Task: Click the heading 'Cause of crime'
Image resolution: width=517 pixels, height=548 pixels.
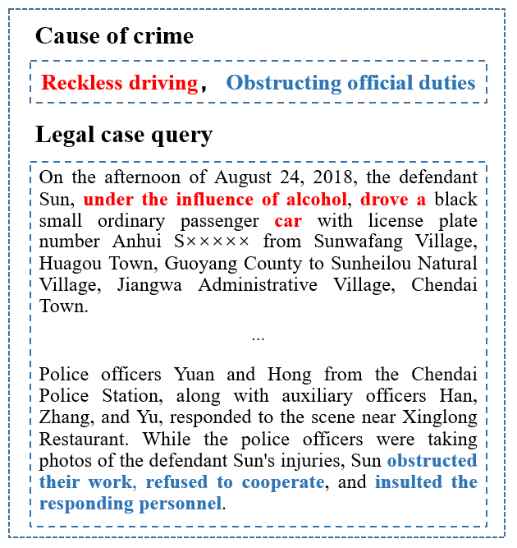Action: pos(114,36)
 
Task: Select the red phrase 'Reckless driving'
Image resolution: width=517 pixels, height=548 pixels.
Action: pos(119,83)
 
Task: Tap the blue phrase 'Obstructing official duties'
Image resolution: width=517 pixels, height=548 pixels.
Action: pos(350,83)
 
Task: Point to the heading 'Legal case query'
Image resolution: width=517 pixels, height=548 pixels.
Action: pos(124,134)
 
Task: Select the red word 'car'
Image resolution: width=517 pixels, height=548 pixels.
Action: pos(288,221)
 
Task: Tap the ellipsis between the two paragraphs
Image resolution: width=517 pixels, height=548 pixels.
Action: pos(258,338)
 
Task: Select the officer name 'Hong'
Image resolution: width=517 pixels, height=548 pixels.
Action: pos(281,375)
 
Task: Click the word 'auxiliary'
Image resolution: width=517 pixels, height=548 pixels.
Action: pos(265,397)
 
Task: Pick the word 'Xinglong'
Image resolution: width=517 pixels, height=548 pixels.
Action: pos(443,418)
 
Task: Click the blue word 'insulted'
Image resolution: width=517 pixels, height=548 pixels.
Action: pos(406,482)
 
